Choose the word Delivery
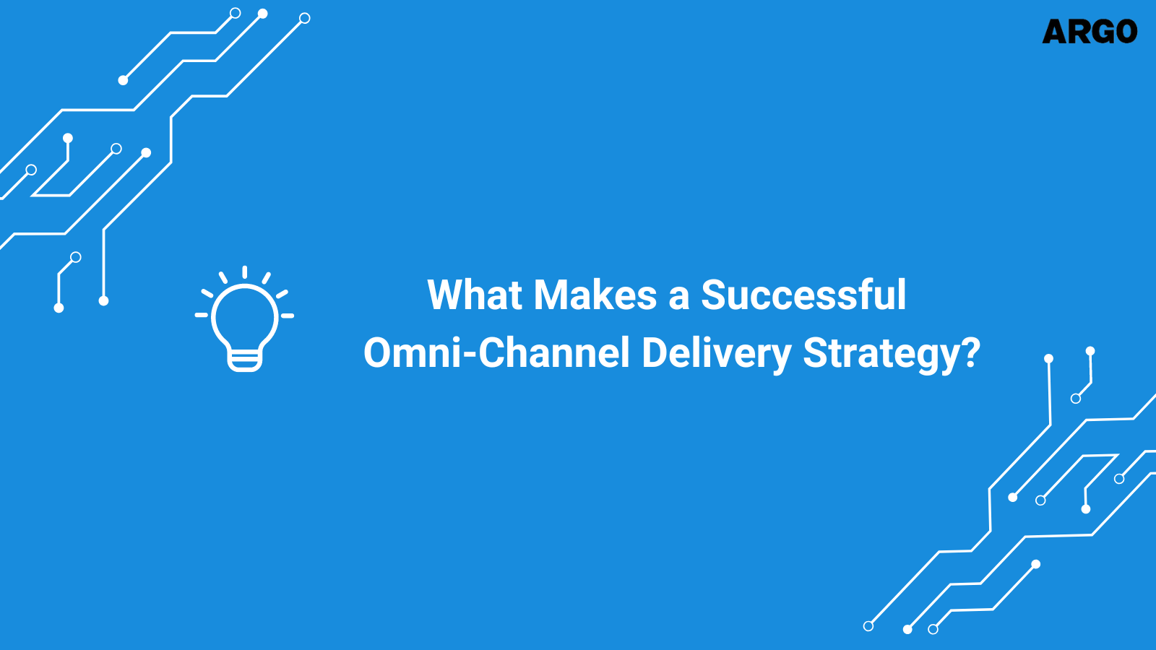click(x=716, y=354)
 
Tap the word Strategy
click(x=884, y=354)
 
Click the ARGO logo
click(x=1090, y=32)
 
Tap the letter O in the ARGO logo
click(x=1124, y=32)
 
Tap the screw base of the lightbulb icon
click(x=244, y=359)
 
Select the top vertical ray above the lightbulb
click(x=245, y=272)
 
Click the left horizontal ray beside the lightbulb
click(x=202, y=315)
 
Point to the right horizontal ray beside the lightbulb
click(x=287, y=316)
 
